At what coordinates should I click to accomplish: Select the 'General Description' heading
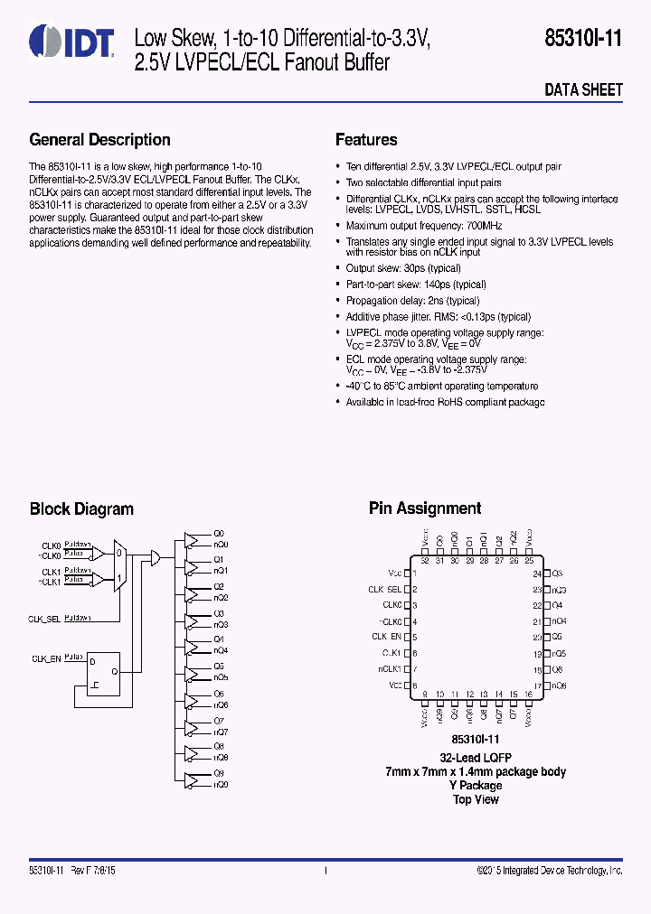(x=99, y=140)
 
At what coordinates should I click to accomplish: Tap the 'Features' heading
(x=366, y=140)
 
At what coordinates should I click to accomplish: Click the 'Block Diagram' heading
(x=81, y=509)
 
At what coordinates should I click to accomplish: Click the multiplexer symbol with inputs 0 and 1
(x=119, y=564)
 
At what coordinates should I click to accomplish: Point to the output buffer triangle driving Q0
(x=193, y=539)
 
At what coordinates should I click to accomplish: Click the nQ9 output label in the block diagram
(x=221, y=785)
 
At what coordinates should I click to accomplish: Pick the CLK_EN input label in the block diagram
(x=46, y=659)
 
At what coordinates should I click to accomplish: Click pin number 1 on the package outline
(x=414, y=574)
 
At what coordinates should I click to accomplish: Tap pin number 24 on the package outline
(x=536, y=574)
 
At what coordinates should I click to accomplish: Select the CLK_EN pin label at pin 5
(x=386, y=637)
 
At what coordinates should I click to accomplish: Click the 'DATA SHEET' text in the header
(x=583, y=89)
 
